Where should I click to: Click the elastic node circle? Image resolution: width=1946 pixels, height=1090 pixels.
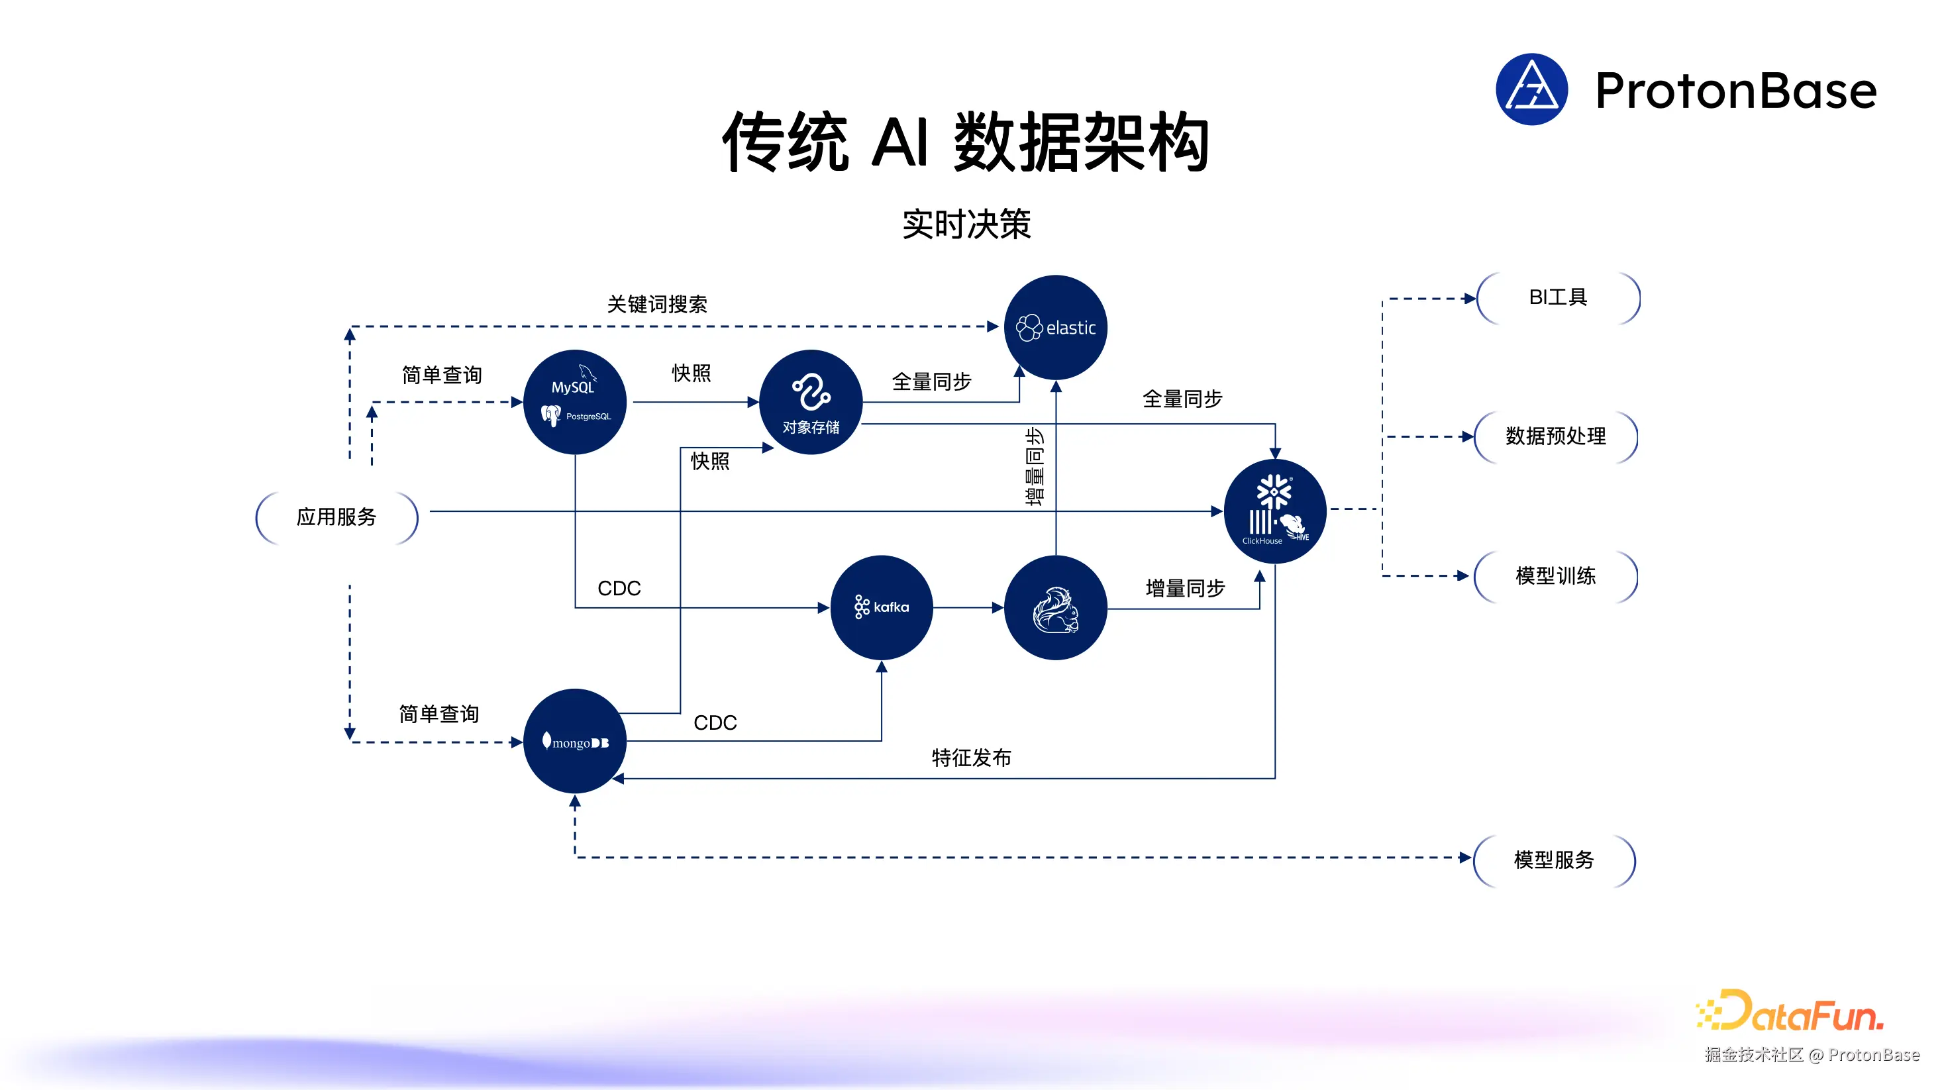pos(1054,327)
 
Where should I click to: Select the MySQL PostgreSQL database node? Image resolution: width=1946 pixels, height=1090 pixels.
pos(574,402)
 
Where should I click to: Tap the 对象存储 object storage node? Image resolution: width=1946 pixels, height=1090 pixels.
pos(811,402)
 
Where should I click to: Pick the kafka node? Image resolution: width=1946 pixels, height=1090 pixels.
pos(881,607)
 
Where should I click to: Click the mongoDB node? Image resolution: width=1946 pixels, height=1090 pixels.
pos(574,741)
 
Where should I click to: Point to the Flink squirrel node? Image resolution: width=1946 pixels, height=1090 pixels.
pos(1054,607)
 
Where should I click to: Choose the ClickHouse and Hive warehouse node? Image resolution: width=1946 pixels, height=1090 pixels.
pos(1274,511)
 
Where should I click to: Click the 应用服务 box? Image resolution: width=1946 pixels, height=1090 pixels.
pos(336,517)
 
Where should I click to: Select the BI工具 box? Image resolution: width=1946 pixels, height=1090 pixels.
pos(1558,297)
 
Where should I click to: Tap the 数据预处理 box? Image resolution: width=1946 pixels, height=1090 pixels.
pos(1555,436)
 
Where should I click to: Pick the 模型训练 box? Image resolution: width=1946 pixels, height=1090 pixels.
pos(1555,576)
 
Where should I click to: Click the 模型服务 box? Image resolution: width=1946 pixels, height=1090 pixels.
pos(1554,860)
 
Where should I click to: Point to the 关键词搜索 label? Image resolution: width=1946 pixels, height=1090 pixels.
pos(656,305)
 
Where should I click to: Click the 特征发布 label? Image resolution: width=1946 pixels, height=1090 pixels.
pos(971,758)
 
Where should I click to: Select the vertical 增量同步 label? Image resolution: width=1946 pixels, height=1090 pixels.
pos(1034,466)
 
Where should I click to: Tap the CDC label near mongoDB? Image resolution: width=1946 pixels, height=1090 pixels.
pos(715,723)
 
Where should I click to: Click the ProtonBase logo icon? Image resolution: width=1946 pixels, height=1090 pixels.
pos(1531,89)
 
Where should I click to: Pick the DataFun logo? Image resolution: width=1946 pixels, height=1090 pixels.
pos(1790,1011)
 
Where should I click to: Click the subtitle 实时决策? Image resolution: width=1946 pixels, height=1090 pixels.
pos(966,224)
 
